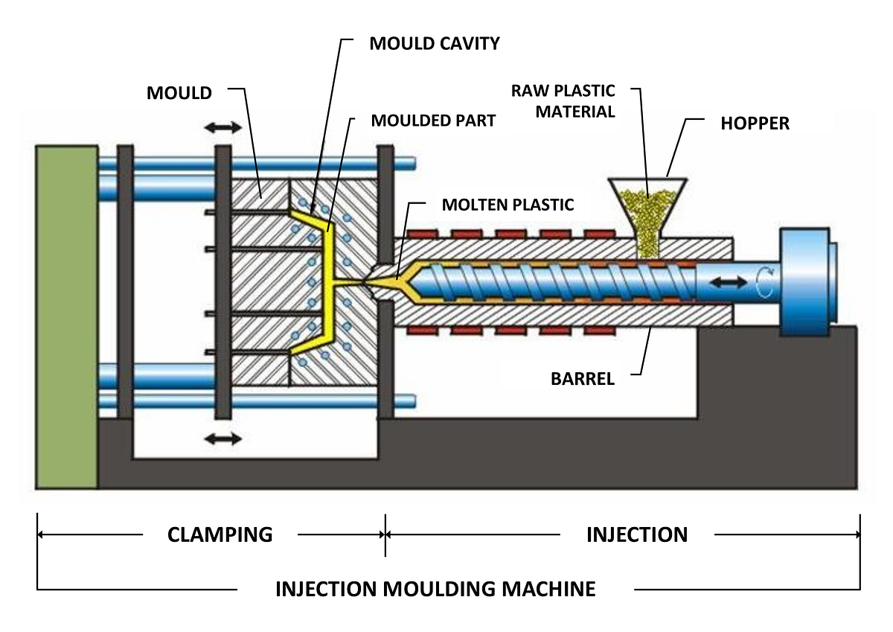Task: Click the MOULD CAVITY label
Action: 435,44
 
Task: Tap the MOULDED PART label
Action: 433,121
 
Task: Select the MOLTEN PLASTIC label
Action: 508,205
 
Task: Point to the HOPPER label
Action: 755,124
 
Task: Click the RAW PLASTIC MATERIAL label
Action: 563,101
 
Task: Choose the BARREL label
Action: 583,378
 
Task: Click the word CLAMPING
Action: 220,534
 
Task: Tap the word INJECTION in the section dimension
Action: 637,534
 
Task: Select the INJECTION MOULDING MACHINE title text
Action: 435,589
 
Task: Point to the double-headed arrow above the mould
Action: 224,128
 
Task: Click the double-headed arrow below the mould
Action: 224,438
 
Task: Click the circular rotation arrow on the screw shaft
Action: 764,282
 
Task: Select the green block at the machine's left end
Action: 67,316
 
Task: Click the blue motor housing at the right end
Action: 805,281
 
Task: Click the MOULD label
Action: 179,93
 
